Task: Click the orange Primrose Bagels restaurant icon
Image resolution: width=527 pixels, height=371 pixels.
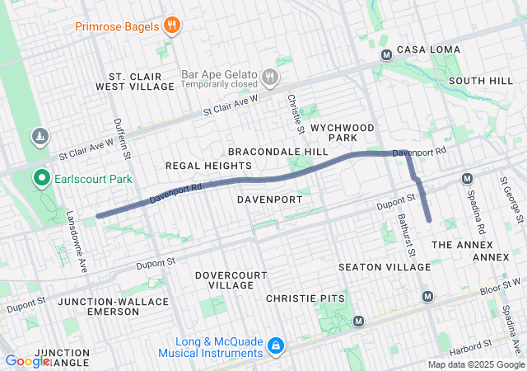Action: tap(171, 26)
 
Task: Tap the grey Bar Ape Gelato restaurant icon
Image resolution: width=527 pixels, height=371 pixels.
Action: tap(269, 77)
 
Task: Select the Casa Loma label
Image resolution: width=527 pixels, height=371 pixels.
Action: tap(428, 50)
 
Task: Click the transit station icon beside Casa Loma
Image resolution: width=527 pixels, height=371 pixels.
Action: tap(385, 55)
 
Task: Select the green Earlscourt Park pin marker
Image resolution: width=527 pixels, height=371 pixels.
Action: tap(40, 178)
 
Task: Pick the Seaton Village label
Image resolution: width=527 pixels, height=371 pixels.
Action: tap(385, 267)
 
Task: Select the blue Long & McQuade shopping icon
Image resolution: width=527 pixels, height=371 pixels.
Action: tap(277, 345)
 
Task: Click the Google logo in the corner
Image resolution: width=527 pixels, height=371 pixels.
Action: tap(27, 360)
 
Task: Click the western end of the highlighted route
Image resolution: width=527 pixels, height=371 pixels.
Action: tap(99, 216)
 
